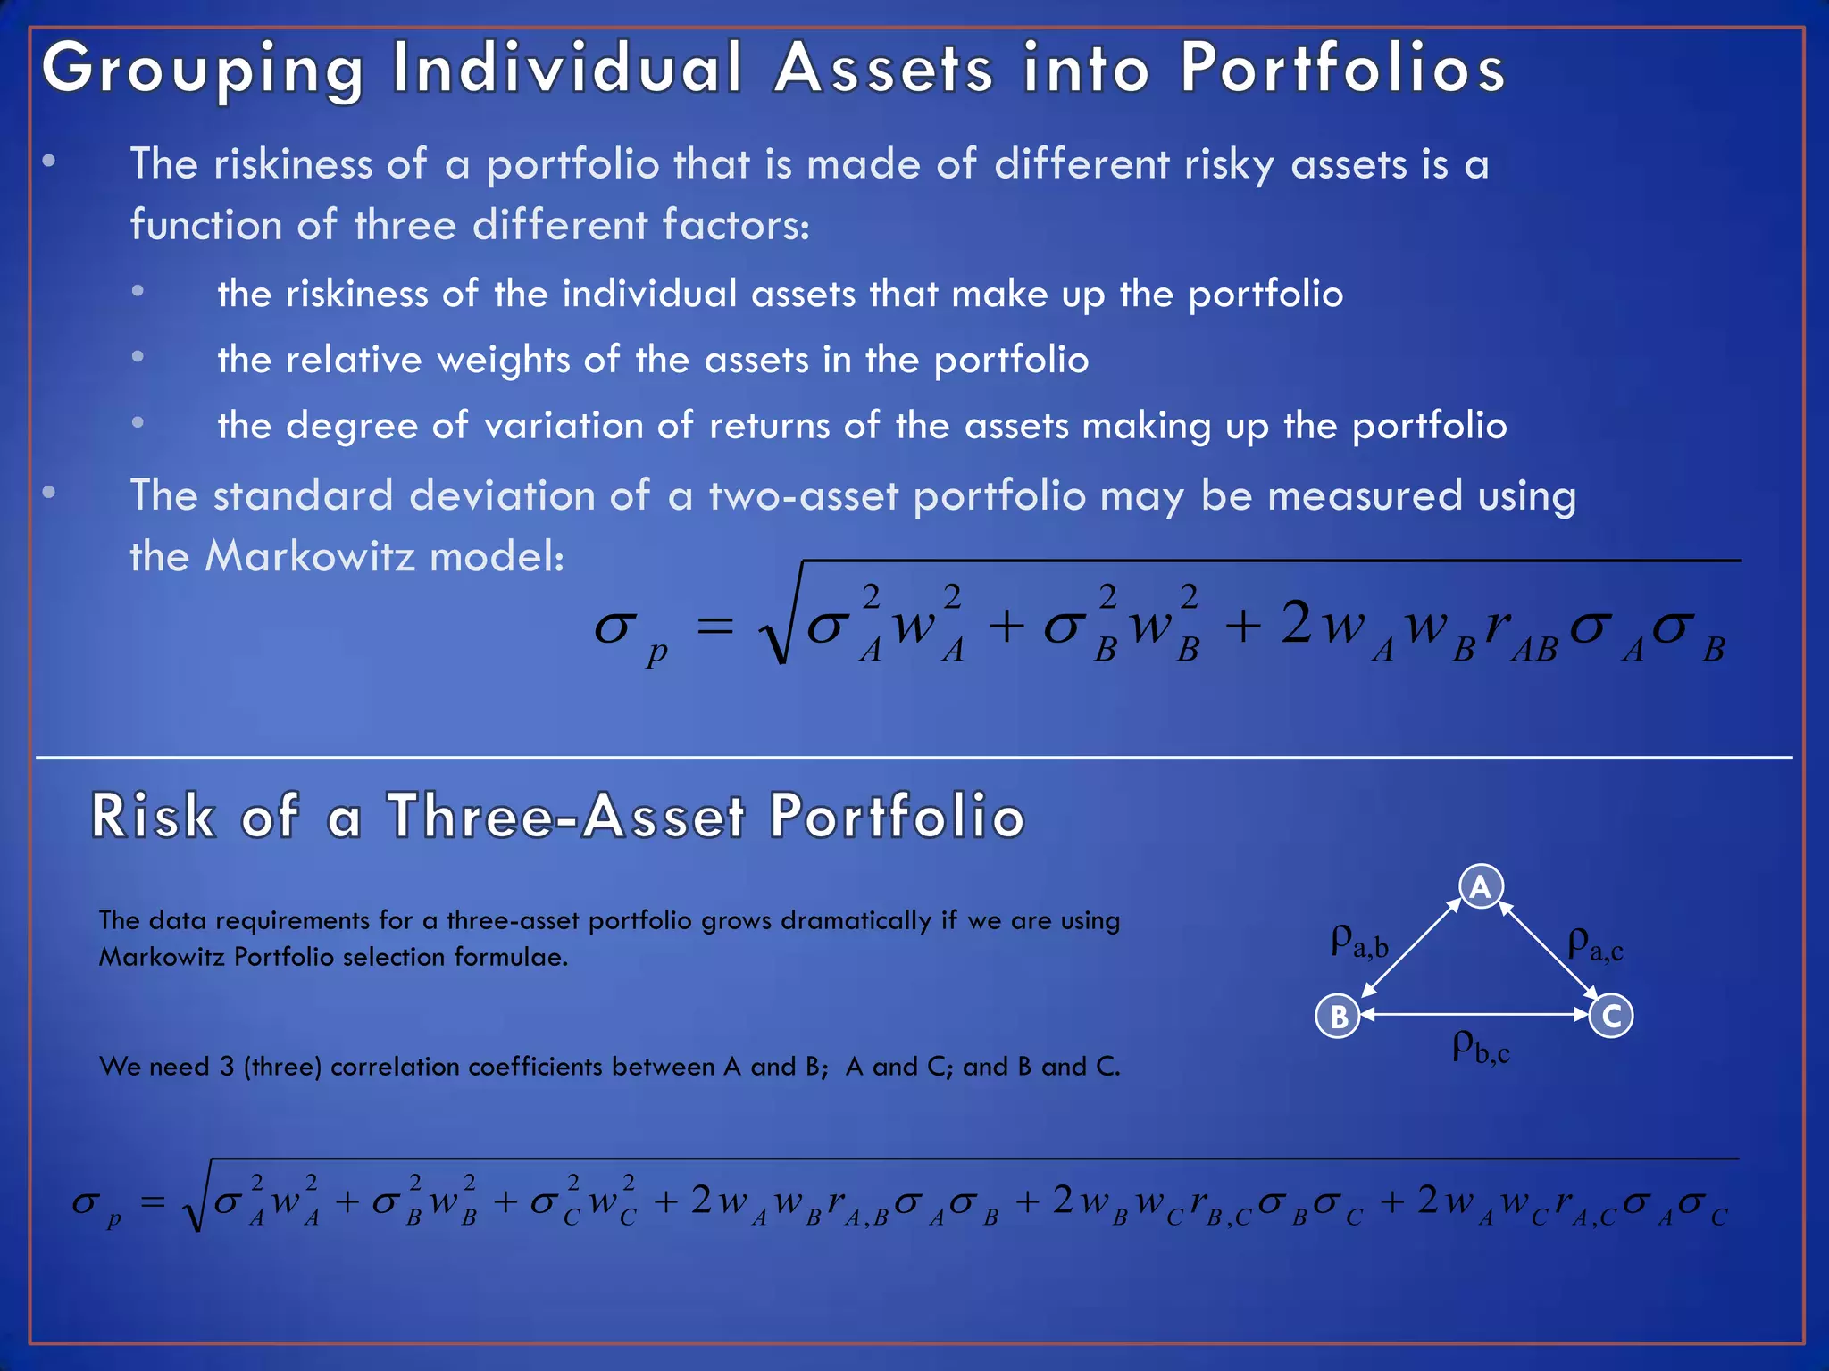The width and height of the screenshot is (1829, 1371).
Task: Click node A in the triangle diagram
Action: [1481, 887]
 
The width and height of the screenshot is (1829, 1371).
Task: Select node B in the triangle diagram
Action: [1338, 1016]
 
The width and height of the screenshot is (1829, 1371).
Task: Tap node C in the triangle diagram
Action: [1611, 1016]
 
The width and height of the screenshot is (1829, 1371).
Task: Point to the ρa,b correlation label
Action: [1359, 942]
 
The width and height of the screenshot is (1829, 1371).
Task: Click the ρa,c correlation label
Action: [1595, 943]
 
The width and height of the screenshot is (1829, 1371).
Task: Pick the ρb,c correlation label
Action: [1481, 1046]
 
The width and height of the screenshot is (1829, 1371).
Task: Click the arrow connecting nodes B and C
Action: [1474, 1015]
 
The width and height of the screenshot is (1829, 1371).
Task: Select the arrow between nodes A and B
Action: [1409, 950]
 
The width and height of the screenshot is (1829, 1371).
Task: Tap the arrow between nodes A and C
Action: [1549, 950]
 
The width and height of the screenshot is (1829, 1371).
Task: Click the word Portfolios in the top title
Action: [1343, 70]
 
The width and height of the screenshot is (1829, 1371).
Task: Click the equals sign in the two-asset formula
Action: [715, 627]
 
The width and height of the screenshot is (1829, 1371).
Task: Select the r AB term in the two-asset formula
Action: [1521, 632]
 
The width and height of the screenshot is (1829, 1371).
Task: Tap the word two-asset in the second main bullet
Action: [804, 496]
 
